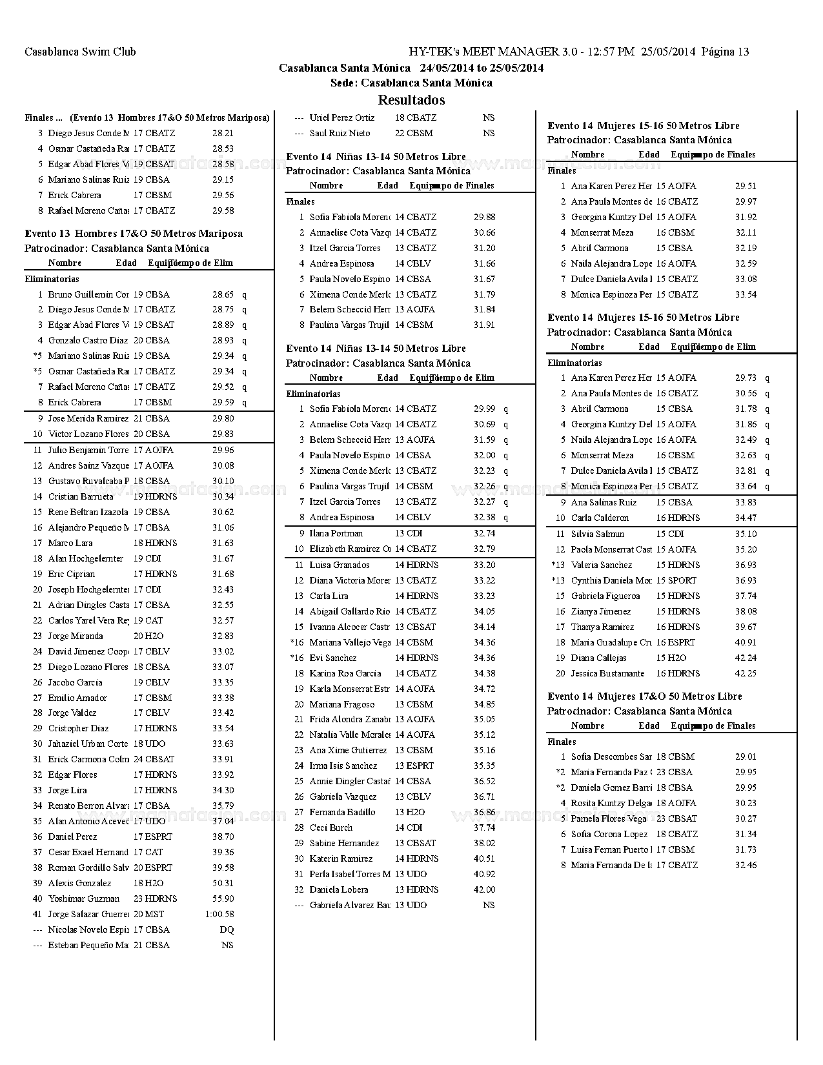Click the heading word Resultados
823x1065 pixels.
[x=411, y=100]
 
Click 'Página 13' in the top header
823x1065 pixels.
[x=725, y=52]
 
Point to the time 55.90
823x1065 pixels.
[x=223, y=898]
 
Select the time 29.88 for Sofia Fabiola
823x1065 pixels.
[x=485, y=217]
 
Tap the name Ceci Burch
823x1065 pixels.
[x=331, y=827]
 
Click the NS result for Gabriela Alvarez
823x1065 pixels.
[x=489, y=905]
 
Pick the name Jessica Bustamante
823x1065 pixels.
[x=607, y=673]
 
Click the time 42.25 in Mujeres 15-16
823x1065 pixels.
[x=746, y=673]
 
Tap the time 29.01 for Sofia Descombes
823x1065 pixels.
[x=746, y=756]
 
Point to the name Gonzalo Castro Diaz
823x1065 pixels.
[x=88, y=340]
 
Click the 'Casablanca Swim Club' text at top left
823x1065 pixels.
[x=80, y=52]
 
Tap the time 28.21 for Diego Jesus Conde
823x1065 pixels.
[x=223, y=133]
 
